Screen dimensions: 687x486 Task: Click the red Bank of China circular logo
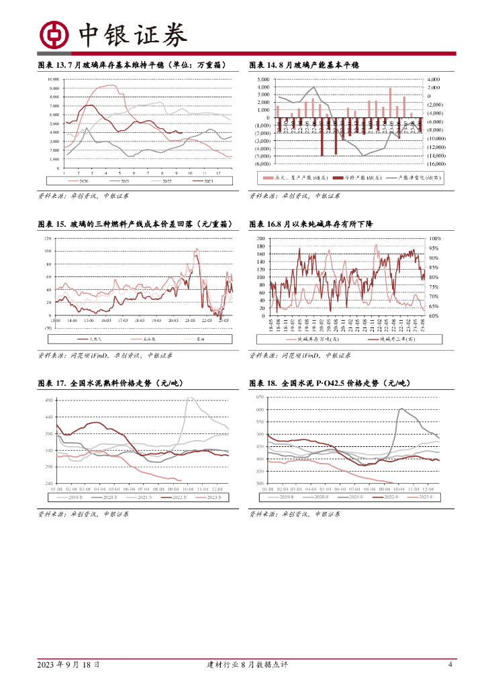point(54,34)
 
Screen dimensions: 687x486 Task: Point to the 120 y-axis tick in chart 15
point(48,239)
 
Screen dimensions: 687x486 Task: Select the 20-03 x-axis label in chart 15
point(172,321)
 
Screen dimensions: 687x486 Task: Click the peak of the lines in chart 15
point(197,250)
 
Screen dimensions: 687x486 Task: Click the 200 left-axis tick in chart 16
point(260,239)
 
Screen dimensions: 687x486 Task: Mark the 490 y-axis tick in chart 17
point(48,401)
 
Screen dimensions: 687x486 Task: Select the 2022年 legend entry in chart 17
point(175,497)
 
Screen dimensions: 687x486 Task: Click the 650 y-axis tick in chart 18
point(260,398)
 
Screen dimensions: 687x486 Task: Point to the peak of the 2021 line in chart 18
point(401,408)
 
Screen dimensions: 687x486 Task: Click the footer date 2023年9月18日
point(68,665)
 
